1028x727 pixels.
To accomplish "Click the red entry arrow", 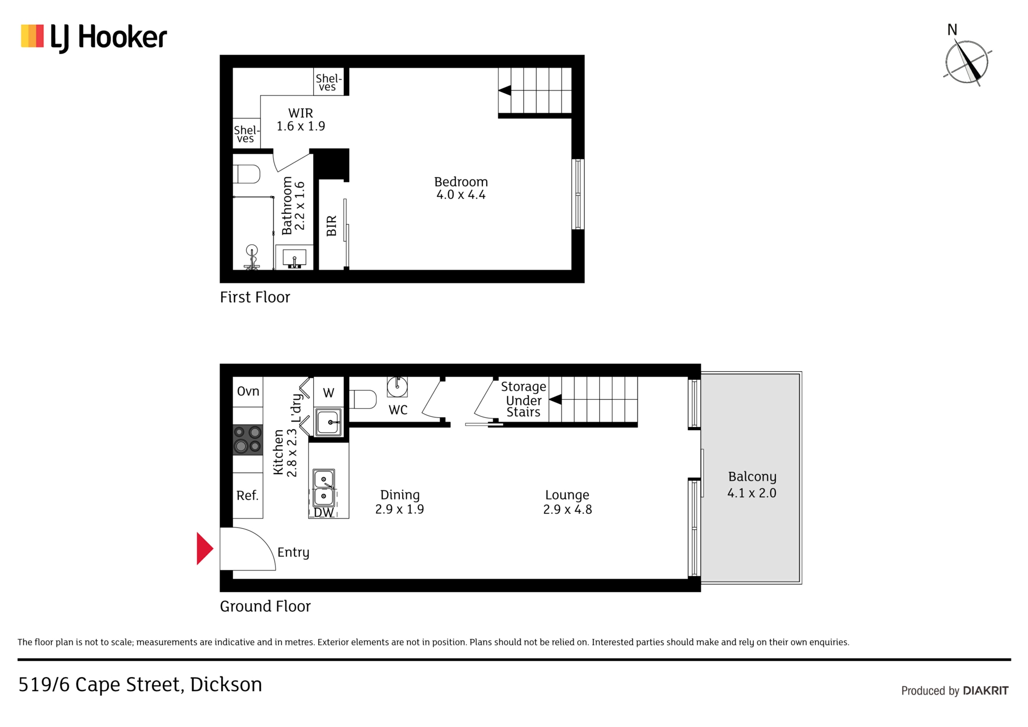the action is coord(205,549).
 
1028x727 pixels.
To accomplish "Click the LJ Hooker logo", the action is coord(94,38).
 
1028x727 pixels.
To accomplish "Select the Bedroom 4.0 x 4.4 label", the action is coord(461,188).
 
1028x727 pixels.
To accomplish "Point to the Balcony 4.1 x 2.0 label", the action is coord(752,484).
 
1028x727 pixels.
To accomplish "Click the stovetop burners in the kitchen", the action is coord(247,439).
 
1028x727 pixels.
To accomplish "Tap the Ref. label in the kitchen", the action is coord(247,496).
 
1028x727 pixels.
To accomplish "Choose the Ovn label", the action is coord(248,391).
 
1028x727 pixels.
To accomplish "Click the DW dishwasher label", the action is coord(323,513).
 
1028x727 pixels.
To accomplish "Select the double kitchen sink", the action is coord(324,488).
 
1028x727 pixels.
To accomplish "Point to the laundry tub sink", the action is coord(328,422).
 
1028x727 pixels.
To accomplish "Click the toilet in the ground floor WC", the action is coord(363,399).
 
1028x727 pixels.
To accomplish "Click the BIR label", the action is coord(331,226).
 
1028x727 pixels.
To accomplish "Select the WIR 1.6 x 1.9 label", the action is coord(300,119).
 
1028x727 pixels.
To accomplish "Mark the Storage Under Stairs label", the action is coord(523,399).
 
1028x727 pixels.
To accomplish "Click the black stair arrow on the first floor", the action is coord(504,91).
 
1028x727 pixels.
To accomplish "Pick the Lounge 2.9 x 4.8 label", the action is coord(568,502).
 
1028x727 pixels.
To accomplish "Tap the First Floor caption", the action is coord(255,297).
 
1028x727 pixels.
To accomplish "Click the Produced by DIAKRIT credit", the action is coord(955,691).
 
